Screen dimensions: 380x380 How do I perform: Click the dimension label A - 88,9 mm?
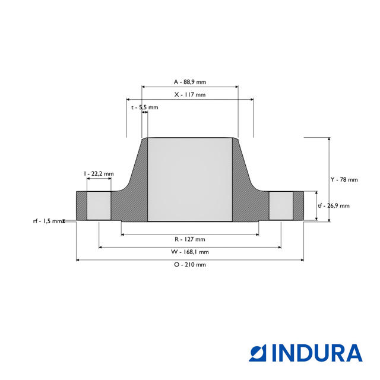pyautogui.click(x=189, y=81)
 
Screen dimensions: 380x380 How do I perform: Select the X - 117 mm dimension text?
pyautogui.click(x=189, y=94)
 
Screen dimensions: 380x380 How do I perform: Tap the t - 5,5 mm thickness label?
pyautogui.click(x=144, y=107)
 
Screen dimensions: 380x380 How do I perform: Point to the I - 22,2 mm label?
pyautogui.click(x=99, y=173)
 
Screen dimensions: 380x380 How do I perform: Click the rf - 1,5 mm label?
pyautogui.click(x=47, y=221)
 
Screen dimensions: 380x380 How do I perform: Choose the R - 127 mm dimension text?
pyautogui.click(x=189, y=239)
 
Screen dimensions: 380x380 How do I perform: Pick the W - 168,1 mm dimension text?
pyautogui.click(x=189, y=252)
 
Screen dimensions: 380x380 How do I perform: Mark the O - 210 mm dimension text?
pyautogui.click(x=189, y=265)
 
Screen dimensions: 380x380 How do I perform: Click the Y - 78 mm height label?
pyautogui.click(x=344, y=179)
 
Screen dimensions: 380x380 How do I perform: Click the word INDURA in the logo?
pyautogui.click(x=317, y=353)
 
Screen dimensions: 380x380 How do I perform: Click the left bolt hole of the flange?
pyautogui.click(x=99, y=205)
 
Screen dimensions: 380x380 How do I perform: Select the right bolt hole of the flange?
pyautogui.click(x=281, y=205)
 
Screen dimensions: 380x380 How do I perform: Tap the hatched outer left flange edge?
pyautogui.click(x=81, y=205)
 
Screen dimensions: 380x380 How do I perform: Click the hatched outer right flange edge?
pyautogui.click(x=299, y=205)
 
